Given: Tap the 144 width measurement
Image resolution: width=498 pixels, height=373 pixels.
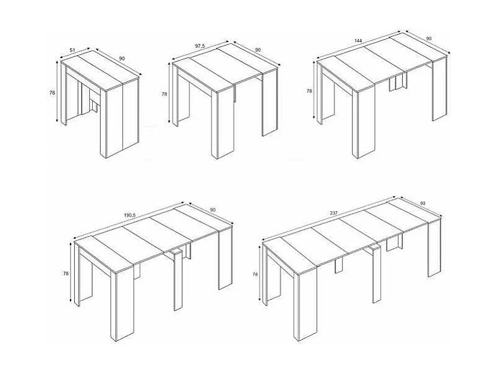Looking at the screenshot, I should pos(357,41).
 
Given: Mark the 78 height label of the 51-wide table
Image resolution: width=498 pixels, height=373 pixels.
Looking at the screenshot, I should pos(52,92).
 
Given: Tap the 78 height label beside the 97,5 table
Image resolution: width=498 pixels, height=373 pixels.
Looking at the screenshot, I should pos(164,94).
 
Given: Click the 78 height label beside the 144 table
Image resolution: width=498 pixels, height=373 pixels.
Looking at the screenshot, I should pos(309,91).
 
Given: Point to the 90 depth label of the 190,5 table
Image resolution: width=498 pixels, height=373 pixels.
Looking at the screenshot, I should pos(212,210).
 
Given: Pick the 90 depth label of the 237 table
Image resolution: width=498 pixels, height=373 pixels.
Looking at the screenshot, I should pos(423,204).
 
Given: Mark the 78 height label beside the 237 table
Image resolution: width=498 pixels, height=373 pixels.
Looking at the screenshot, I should pos(255,273).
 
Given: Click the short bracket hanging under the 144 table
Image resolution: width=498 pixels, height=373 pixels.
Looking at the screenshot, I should pos(393,85).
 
